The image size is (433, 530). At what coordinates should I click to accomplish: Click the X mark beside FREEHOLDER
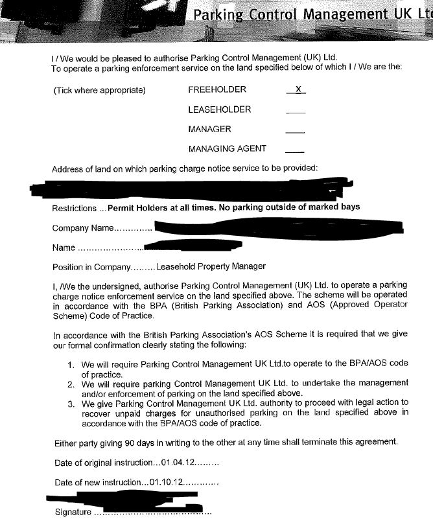pos(296,89)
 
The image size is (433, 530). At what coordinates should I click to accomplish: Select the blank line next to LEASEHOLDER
pos(295,111)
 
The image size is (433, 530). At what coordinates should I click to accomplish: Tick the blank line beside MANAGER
pos(295,132)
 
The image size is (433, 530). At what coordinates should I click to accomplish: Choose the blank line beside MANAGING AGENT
pos(295,151)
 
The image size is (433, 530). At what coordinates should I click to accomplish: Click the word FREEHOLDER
pos(217,90)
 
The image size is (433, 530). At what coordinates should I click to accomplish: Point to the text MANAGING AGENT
pos(227,148)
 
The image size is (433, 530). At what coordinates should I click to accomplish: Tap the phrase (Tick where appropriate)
pos(99,90)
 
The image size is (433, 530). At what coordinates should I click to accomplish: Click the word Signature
pos(73,512)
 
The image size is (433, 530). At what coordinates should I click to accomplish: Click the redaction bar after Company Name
pos(279,227)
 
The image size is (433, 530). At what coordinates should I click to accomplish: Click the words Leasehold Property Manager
pos(211,266)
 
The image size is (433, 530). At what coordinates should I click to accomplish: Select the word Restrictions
pos(74,207)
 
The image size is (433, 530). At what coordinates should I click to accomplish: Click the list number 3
pos(71,403)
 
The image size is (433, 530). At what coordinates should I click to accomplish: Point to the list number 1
pos(71,364)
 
